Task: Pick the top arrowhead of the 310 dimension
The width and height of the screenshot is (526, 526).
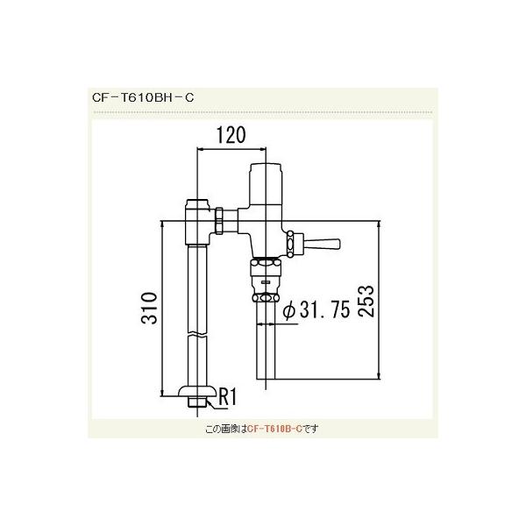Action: coord(163,224)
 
